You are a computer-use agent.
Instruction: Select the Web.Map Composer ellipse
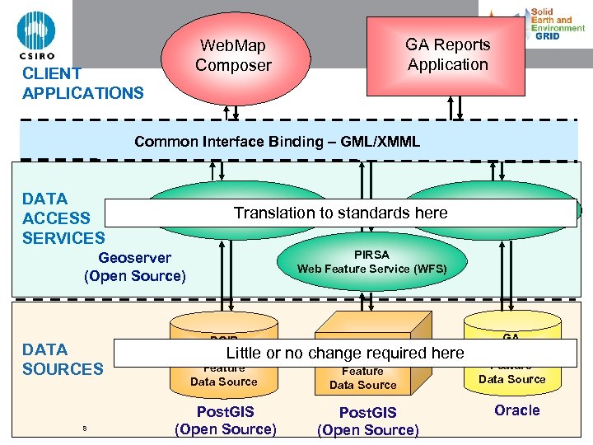click(x=233, y=54)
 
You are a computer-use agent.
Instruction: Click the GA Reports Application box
click(x=447, y=54)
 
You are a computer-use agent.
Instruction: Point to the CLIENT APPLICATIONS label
click(x=82, y=83)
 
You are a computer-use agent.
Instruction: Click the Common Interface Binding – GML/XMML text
click(x=277, y=142)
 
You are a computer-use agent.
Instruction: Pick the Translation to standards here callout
click(x=340, y=213)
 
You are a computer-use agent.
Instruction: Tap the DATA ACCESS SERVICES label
click(x=63, y=218)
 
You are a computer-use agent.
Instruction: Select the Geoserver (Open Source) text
click(x=135, y=267)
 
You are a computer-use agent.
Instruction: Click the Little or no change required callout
click(x=345, y=353)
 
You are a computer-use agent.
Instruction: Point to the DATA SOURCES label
click(x=63, y=359)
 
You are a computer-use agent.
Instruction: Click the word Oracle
click(x=516, y=410)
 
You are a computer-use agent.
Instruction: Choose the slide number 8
click(x=84, y=428)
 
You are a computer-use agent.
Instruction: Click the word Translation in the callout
click(x=269, y=213)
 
